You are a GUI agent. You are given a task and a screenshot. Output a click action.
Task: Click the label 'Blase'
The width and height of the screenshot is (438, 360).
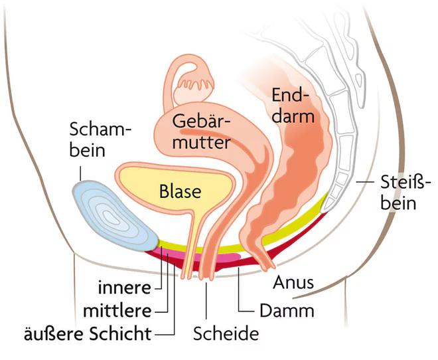click(x=180, y=193)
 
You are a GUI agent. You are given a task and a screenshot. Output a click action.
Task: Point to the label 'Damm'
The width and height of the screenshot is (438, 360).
click(x=287, y=310)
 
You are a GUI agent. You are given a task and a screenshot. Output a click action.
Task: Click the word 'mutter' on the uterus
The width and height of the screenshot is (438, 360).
click(x=200, y=142)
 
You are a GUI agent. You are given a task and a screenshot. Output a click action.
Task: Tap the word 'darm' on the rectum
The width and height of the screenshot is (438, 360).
click(x=296, y=118)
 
